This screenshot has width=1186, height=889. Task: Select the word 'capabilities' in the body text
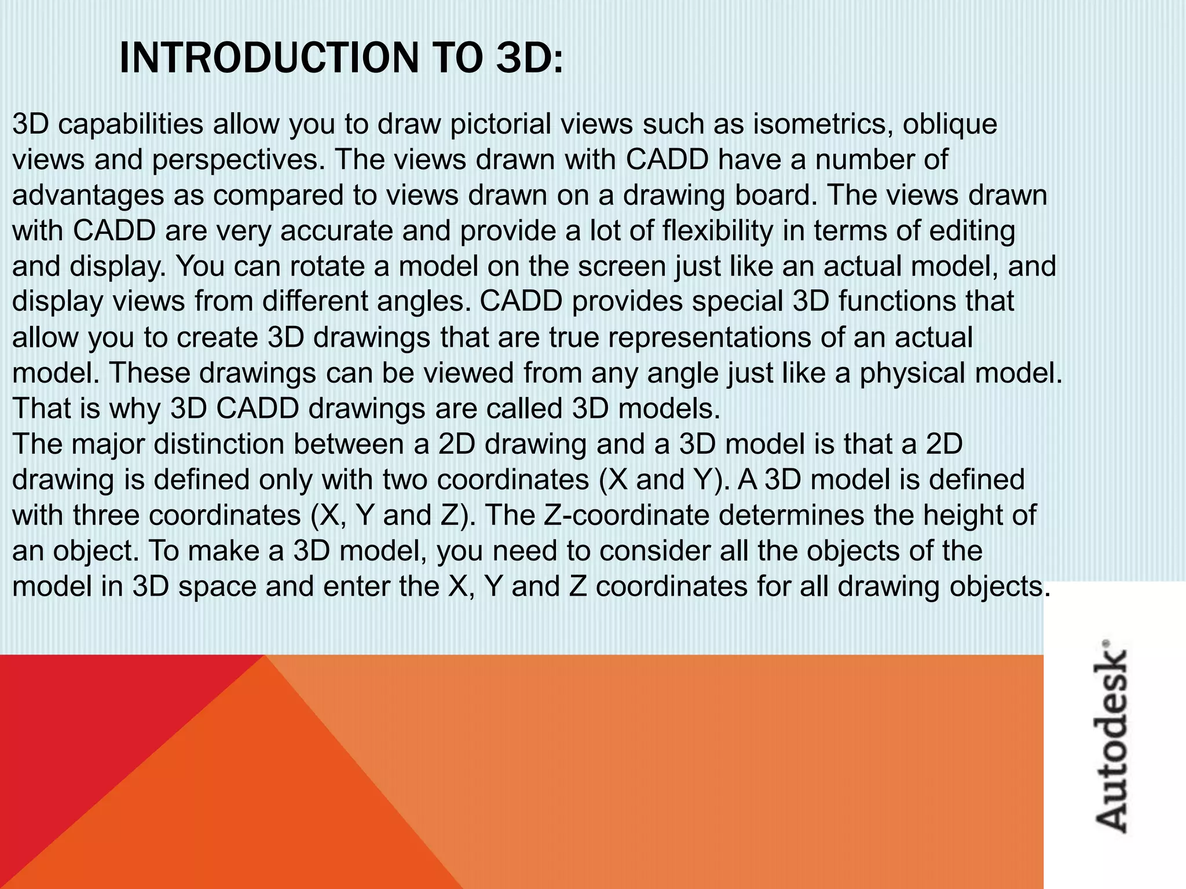131,125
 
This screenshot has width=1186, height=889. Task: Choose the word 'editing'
972,232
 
